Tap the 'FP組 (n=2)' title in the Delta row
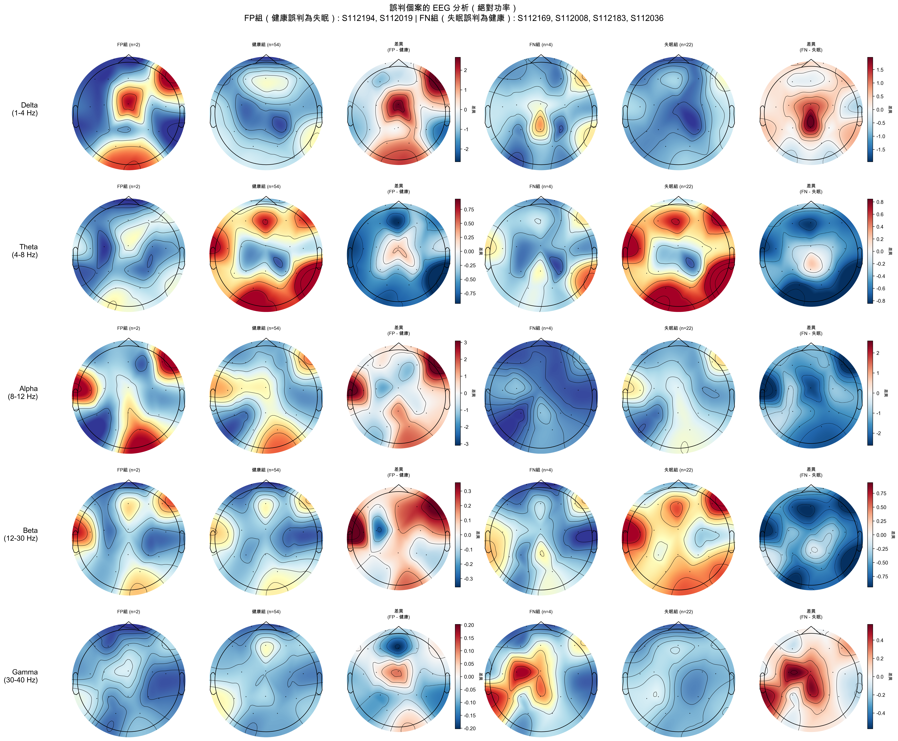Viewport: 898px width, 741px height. coord(128,44)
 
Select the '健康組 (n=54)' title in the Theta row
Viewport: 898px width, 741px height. coord(266,187)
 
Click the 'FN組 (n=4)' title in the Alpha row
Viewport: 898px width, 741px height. coord(541,328)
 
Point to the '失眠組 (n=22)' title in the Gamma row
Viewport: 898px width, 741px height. coord(678,612)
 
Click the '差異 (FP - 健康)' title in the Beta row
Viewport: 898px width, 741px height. coord(399,472)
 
